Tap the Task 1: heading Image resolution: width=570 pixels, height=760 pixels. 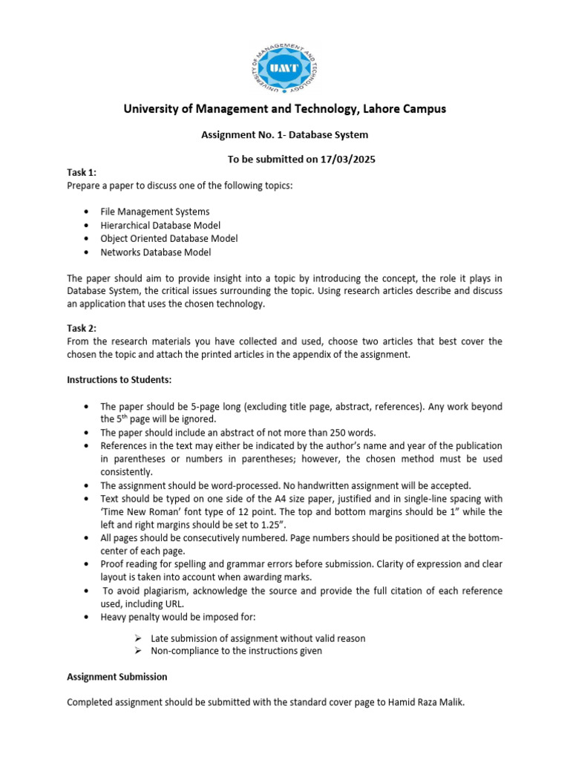coord(82,172)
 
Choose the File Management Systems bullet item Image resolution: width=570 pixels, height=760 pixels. coord(155,212)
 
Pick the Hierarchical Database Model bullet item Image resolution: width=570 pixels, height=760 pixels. coord(160,225)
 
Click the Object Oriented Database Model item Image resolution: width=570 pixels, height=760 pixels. coord(169,238)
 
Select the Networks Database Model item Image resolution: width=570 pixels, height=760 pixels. coord(156,252)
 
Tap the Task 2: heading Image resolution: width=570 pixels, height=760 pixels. coord(82,327)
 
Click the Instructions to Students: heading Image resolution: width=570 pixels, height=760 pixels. coord(119,380)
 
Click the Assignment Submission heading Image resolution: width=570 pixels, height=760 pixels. coord(117,677)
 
